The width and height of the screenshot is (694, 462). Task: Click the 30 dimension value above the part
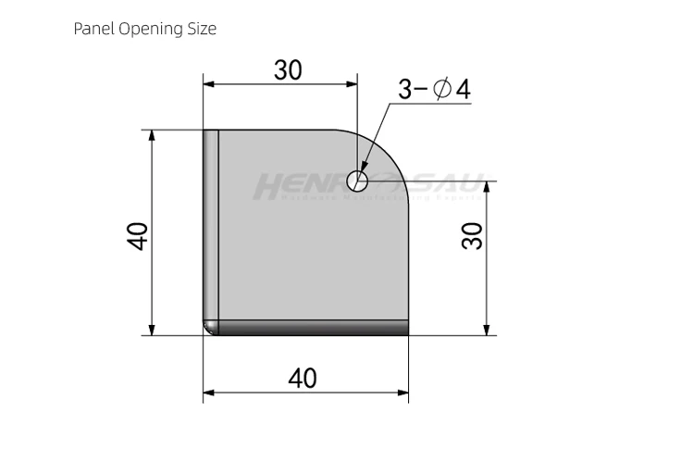click(x=288, y=70)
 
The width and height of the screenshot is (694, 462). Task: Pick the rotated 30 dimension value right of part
click(x=472, y=235)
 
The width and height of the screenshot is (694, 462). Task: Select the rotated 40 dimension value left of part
click(x=137, y=235)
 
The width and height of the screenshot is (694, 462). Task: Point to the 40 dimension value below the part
click(x=303, y=379)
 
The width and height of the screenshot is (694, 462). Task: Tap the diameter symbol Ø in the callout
click(x=441, y=90)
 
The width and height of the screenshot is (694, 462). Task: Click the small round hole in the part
click(x=357, y=179)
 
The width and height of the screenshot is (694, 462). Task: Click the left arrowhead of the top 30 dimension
click(x=209, y=84)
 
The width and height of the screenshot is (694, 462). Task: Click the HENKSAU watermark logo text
click(x=366, y=186)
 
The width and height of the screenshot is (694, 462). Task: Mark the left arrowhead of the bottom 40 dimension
click(x=209, y=393)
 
